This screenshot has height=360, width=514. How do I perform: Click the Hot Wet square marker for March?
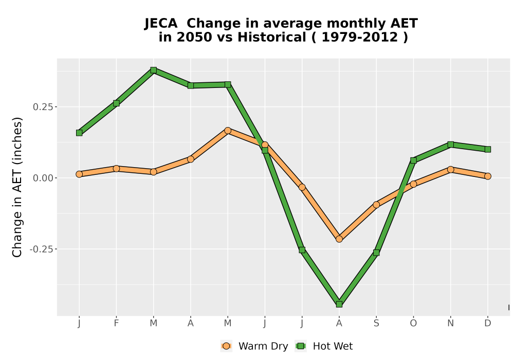(153, 70)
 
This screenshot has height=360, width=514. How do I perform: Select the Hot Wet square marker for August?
(339, 304)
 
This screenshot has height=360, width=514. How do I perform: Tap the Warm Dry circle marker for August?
(339, 239)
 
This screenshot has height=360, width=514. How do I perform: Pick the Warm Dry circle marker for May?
(228, 131)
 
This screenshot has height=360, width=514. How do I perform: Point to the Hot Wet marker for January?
(79, 133)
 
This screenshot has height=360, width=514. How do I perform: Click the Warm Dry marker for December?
(488, 176)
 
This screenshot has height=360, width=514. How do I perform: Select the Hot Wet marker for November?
(451, 145)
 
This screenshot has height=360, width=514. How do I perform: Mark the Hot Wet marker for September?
(376, 253)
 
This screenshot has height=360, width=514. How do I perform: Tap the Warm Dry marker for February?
(116, 169)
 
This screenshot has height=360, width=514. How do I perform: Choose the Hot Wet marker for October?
(413, 160)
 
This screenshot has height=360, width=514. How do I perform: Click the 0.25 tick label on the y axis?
(43, 107)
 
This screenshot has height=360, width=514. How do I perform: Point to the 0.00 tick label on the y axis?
(43, 178)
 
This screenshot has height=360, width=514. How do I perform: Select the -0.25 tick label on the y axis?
(42, 249)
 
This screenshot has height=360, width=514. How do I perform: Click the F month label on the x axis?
(116, 323)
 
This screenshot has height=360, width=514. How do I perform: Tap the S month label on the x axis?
(376, 323)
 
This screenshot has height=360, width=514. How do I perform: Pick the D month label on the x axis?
(488, 323)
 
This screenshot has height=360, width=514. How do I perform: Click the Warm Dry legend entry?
(254, 346)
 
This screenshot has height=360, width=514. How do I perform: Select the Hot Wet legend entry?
(324, 346)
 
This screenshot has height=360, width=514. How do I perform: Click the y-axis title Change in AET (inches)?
(17, 187)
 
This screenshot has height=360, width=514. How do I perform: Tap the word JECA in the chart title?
(161, 24)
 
